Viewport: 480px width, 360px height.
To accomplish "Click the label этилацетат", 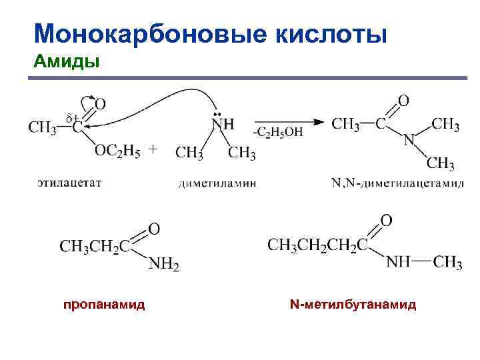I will coord(69,183).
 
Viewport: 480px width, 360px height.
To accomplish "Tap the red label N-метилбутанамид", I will coord(353,305).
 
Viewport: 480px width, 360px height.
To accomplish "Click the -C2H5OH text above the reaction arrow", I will coord(278,132).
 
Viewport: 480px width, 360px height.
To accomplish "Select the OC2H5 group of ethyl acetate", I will coord(117,151).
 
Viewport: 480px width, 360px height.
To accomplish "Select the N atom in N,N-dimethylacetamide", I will coord(409,140).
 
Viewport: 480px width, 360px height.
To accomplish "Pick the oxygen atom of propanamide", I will coord(154,229).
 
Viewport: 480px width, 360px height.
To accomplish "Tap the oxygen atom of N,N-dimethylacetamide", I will coord(403,101).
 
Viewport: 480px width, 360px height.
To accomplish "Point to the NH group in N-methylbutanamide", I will coord(399,262).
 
